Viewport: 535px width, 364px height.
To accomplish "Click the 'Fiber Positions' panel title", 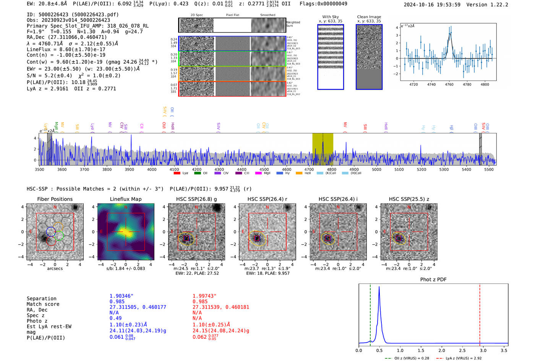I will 55,199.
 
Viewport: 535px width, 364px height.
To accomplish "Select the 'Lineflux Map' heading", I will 125,199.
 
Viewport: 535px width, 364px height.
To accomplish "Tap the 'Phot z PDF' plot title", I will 433,280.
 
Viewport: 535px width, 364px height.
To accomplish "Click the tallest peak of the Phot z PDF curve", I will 379,287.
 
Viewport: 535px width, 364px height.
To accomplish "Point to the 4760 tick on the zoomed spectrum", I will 449,84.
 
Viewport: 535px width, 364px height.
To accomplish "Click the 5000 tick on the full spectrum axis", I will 376,169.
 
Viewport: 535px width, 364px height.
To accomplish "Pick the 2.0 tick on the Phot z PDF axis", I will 442,350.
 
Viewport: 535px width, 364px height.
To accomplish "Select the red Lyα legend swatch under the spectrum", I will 177,173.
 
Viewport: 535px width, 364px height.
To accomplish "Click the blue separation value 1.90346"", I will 122,296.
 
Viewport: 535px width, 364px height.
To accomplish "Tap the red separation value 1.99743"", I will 204,296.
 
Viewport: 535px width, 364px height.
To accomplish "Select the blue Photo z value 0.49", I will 115,318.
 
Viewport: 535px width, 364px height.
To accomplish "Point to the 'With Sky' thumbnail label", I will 331,17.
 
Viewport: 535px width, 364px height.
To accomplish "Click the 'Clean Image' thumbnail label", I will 369,17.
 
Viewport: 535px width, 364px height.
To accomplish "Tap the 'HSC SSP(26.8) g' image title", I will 196,199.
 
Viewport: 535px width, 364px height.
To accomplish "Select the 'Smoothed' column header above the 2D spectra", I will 267,15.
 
